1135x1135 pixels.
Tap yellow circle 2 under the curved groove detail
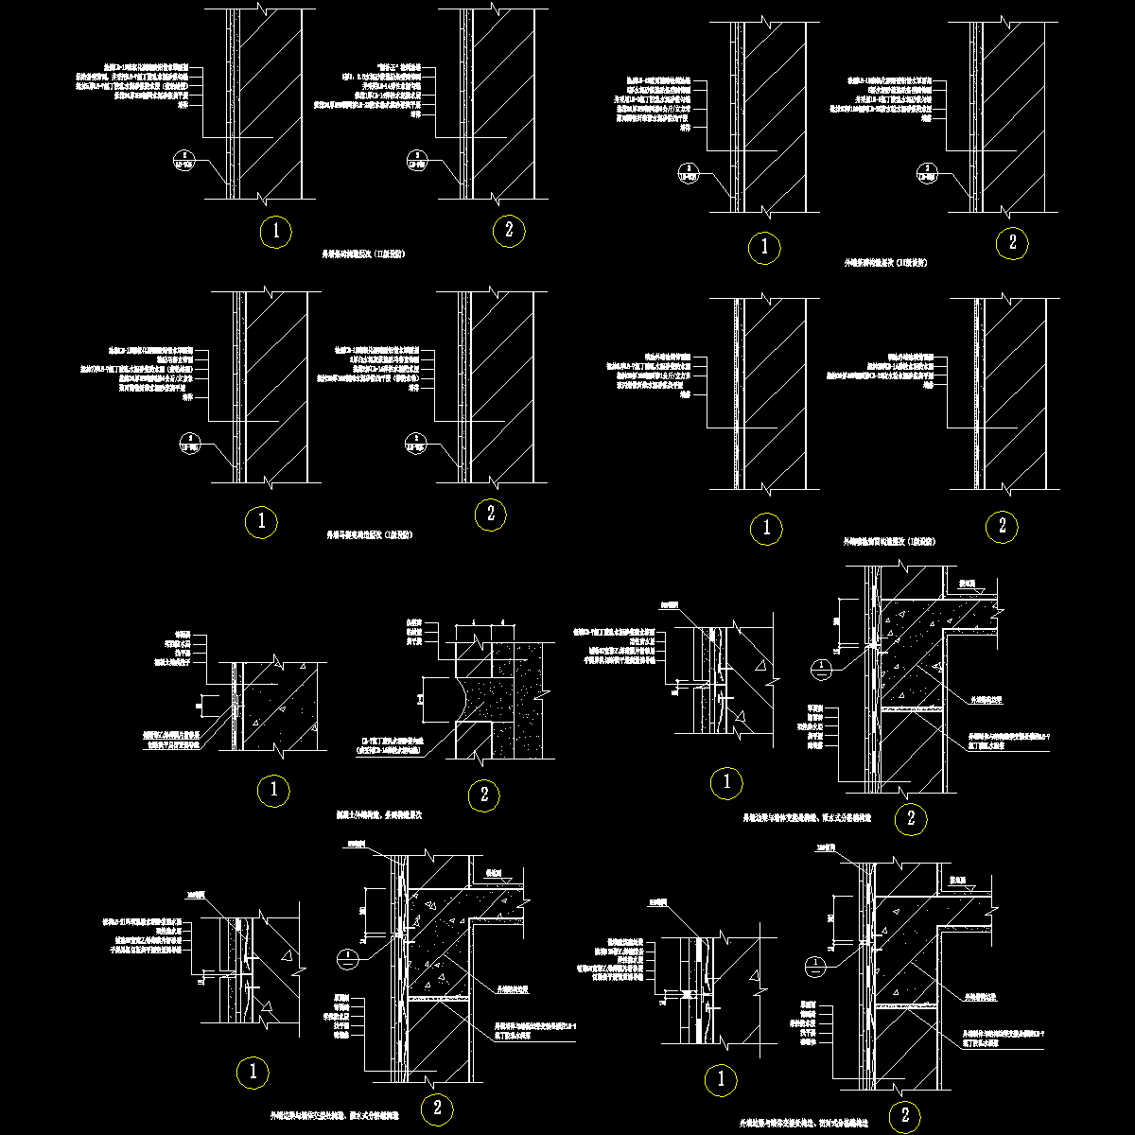(483, 795)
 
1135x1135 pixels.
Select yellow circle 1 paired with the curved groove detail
(273, 789)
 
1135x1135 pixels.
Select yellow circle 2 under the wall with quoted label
(509, 230)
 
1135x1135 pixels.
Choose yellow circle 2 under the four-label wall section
(1002, 527)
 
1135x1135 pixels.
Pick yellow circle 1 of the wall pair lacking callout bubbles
(765, 530)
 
